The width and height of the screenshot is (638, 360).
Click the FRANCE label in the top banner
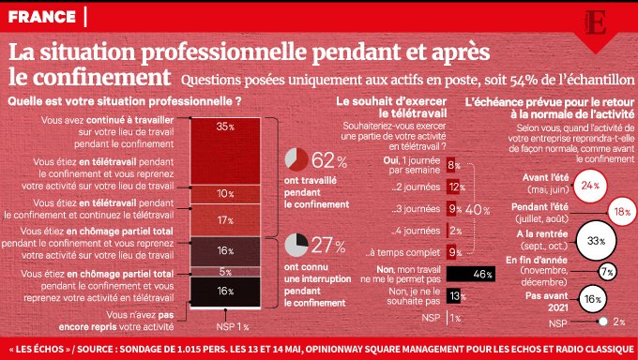point(42,15)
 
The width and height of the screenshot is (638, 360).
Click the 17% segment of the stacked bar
point(225,220)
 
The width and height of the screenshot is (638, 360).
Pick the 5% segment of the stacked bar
point(225,273)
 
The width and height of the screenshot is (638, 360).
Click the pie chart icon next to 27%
point(296,246)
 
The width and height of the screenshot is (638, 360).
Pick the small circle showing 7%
point(606,272)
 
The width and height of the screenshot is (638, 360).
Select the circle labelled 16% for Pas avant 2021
point(592,299)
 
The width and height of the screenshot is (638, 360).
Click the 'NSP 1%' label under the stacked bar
point(230,326)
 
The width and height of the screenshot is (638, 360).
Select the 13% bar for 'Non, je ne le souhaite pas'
point(454,296)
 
